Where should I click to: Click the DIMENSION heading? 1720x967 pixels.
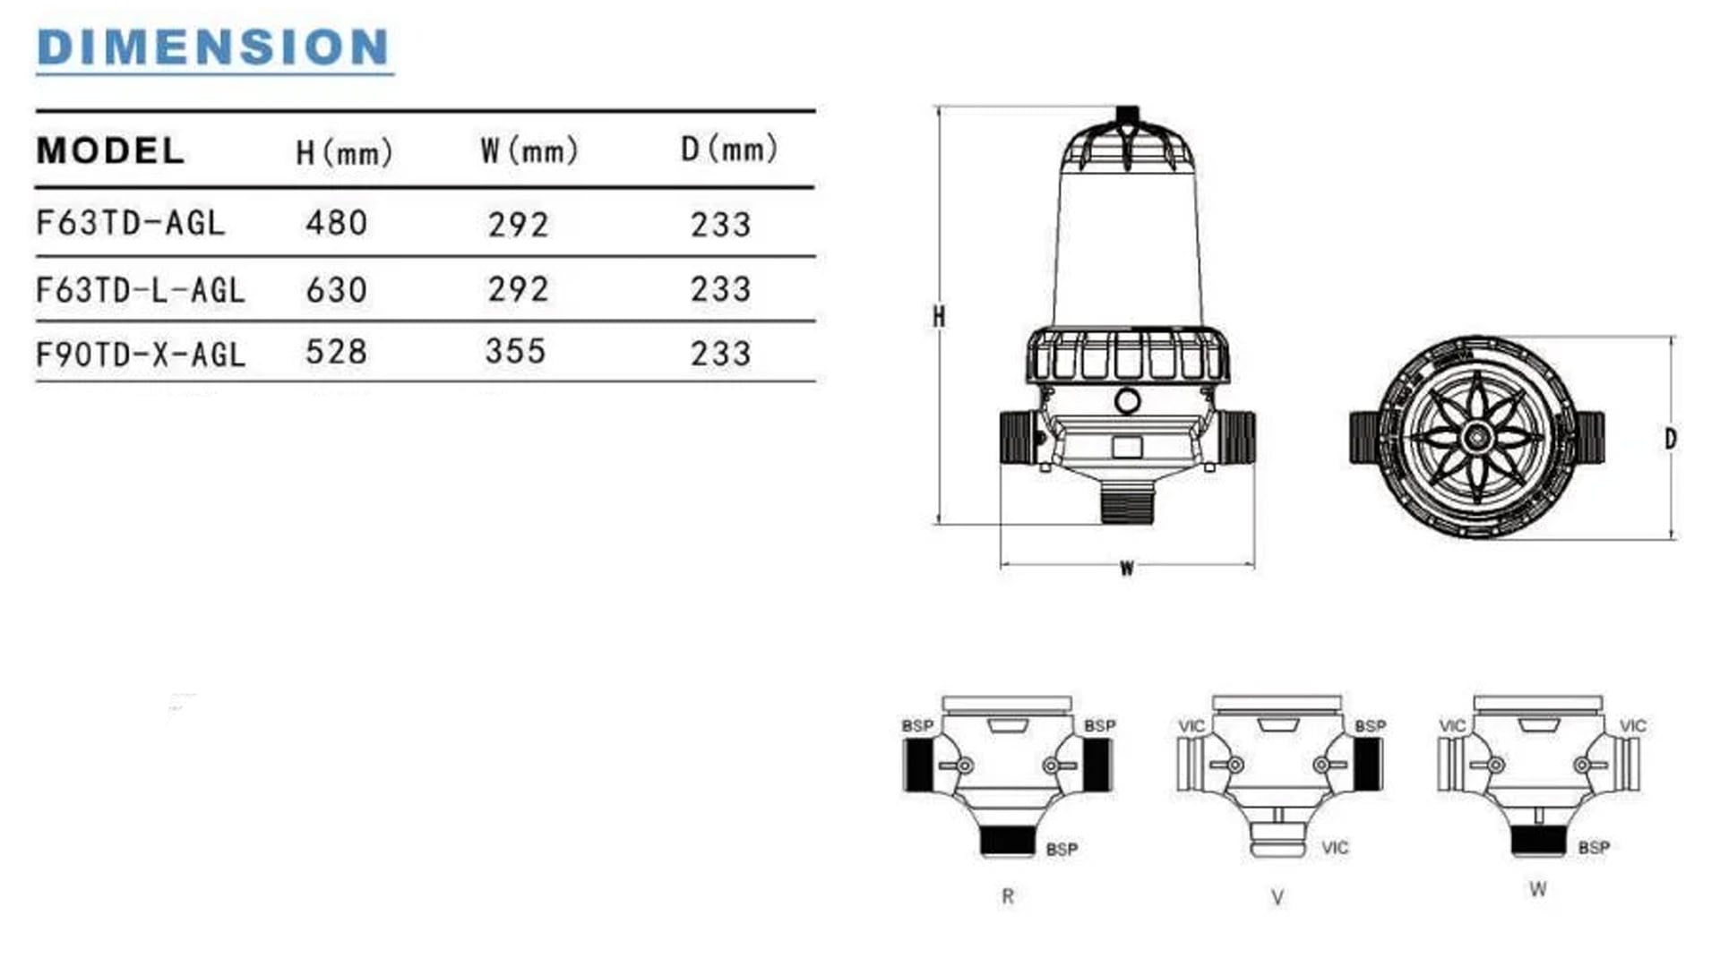coord(214,47)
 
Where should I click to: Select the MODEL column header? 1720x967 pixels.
coord(110,150)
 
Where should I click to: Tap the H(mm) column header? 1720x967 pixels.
coord(345,152)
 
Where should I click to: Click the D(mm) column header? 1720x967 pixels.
coord(729,150)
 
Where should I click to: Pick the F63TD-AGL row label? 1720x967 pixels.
coord(131,223)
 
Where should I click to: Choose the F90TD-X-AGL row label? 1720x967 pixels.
coord(141,355)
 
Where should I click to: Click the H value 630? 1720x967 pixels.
coord(337,290)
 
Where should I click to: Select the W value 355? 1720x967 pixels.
coord(515,351)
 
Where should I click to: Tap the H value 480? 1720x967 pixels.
coord(337,223)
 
